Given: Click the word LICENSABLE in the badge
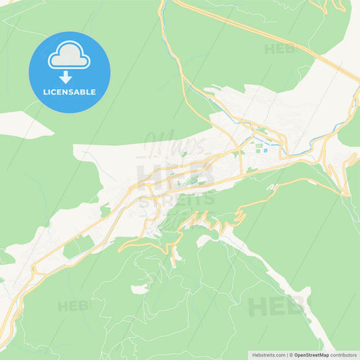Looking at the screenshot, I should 69,92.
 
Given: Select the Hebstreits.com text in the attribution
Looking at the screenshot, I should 268,354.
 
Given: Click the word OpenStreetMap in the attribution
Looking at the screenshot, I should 311,354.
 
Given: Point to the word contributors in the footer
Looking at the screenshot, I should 343,354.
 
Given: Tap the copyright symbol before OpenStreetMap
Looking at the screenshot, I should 291,354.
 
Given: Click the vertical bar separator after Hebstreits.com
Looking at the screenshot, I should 286,354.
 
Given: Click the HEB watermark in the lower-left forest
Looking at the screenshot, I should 73,306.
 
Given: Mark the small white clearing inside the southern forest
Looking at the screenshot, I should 138,289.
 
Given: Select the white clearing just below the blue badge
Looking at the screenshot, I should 20,124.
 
